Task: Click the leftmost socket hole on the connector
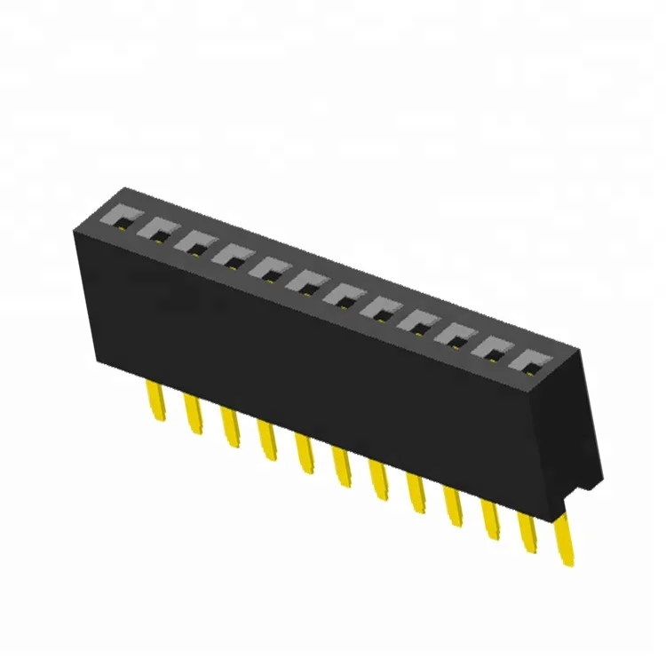(121, 217)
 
